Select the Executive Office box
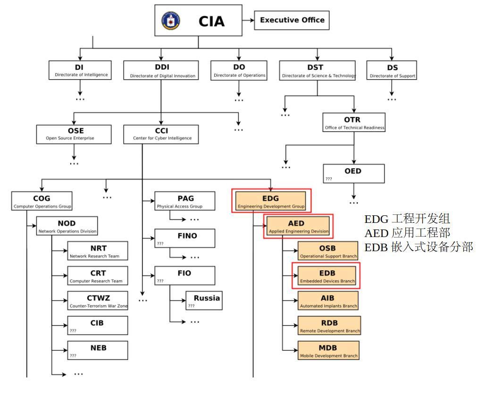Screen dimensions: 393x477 [292, 21]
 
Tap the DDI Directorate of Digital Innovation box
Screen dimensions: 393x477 [161, 70]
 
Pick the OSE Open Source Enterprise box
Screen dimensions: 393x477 [74, 133]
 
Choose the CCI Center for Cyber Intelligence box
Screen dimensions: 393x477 [161, 133]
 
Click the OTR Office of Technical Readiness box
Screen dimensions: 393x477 [354, 122]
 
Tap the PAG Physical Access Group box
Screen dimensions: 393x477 [184, 201]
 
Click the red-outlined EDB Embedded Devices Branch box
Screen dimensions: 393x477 [326, 276]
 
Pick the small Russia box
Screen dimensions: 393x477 [204, 301]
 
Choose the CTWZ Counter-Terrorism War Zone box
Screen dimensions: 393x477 [98, 301]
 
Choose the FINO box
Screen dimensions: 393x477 [184, 238]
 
